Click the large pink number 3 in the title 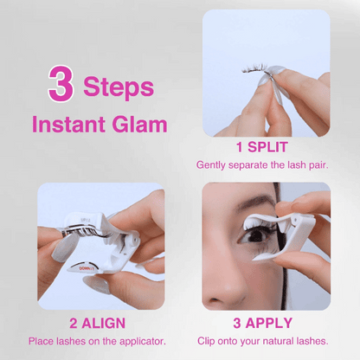pos(61,83)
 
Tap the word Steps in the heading pos(119,87)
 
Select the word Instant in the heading pos(68,124)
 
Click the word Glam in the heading pos(139,124)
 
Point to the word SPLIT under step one pos(267,147)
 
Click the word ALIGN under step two pos(104,323)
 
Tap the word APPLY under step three pos(269,323)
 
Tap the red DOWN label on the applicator pos(87,268)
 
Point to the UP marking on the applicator pos(84,220)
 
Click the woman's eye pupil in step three pos(256,235)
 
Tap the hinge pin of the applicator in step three pos(294,221)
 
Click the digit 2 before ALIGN pos(74,324)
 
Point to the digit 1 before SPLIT pos(239,147)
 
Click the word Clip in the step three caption pos(206,341)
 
